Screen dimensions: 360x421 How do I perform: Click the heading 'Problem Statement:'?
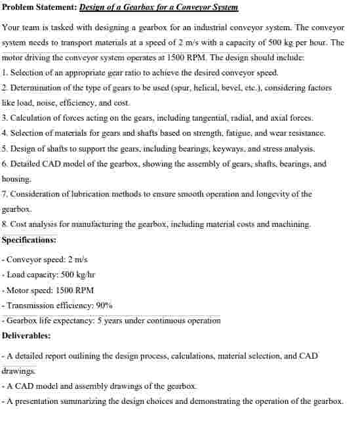[x=39, y=8]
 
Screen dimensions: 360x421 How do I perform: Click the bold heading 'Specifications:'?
[x=29, y=239]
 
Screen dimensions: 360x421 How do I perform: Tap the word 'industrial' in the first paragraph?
[x=202, y=28]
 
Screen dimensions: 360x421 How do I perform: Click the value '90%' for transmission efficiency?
[x=104, y=305]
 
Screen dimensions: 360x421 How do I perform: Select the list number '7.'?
[x=5, y=194]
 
